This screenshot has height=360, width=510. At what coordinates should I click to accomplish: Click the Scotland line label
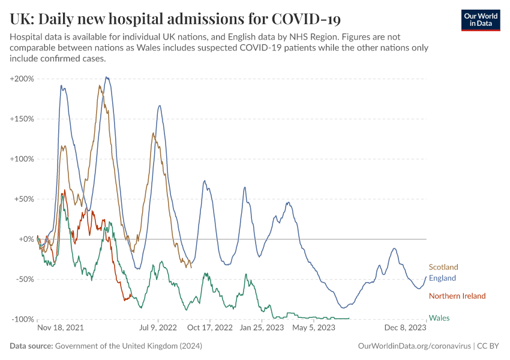(x=443, y=267)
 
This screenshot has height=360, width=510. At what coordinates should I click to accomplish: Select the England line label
(x=442, y=278)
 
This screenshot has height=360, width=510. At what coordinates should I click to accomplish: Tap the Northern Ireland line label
(x=457, y=296)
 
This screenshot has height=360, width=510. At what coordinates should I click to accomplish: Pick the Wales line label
(x=439, y=318)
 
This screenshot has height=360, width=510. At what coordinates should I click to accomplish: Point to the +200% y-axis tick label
(x=22, y=79)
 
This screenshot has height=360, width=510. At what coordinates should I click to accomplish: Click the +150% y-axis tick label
(x=22, y=119)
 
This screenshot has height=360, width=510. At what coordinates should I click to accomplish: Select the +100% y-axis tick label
(x=22, y=159)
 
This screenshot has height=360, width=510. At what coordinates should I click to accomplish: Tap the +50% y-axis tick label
(x=24, y=199)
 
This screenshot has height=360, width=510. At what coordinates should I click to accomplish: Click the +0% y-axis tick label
(x=26, y=239)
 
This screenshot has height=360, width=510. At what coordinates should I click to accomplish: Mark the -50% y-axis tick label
(x=24, y=279)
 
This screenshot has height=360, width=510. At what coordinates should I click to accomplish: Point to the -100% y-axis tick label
(x=22, y=319)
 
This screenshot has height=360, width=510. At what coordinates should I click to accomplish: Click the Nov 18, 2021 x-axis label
(x=61, y=328)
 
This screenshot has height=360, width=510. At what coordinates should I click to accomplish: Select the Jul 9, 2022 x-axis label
(x=158, y=328)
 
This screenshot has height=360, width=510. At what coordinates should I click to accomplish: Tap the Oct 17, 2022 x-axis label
(x=210, y=328)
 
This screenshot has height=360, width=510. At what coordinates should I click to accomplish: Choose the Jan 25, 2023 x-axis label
(x=262, y=328)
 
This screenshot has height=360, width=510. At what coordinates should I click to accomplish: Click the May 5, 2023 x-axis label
(x=314, y=328)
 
